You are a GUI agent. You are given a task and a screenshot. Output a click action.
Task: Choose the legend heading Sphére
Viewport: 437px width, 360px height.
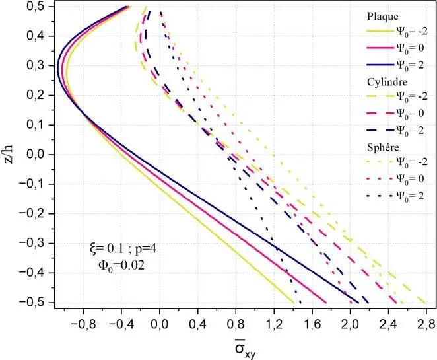[383, 146]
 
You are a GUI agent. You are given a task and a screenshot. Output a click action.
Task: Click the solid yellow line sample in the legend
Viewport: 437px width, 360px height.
[382, 31]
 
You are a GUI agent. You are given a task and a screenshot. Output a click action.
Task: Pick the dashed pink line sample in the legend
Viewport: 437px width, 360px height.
[382, 113]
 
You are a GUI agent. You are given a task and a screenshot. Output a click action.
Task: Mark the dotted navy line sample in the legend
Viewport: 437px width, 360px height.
[382, 195]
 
